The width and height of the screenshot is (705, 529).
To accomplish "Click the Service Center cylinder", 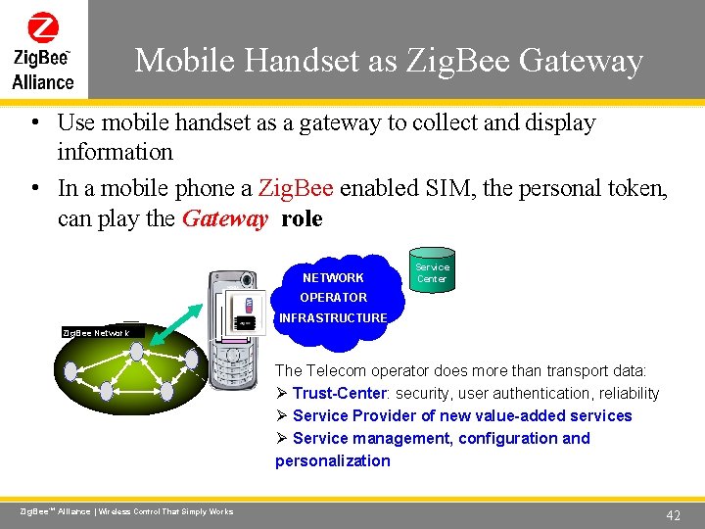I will click(432, 272).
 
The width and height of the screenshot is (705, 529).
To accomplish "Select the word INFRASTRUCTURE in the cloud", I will click(333, 317).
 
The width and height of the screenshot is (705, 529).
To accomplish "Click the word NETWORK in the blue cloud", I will click(333, 278).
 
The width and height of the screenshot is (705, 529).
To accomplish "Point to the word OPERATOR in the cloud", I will click(333, 298).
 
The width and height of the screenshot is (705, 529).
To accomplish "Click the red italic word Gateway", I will click(224, 218).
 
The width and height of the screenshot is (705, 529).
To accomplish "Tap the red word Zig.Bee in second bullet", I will click(296, 188).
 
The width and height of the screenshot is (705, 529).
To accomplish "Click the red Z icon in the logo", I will click(43, 26).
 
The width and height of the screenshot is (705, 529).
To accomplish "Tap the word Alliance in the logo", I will click(43, 82).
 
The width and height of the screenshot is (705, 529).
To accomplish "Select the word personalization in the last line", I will click(333, 460).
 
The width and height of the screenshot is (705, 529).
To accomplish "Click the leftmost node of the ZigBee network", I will click(70, 370).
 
